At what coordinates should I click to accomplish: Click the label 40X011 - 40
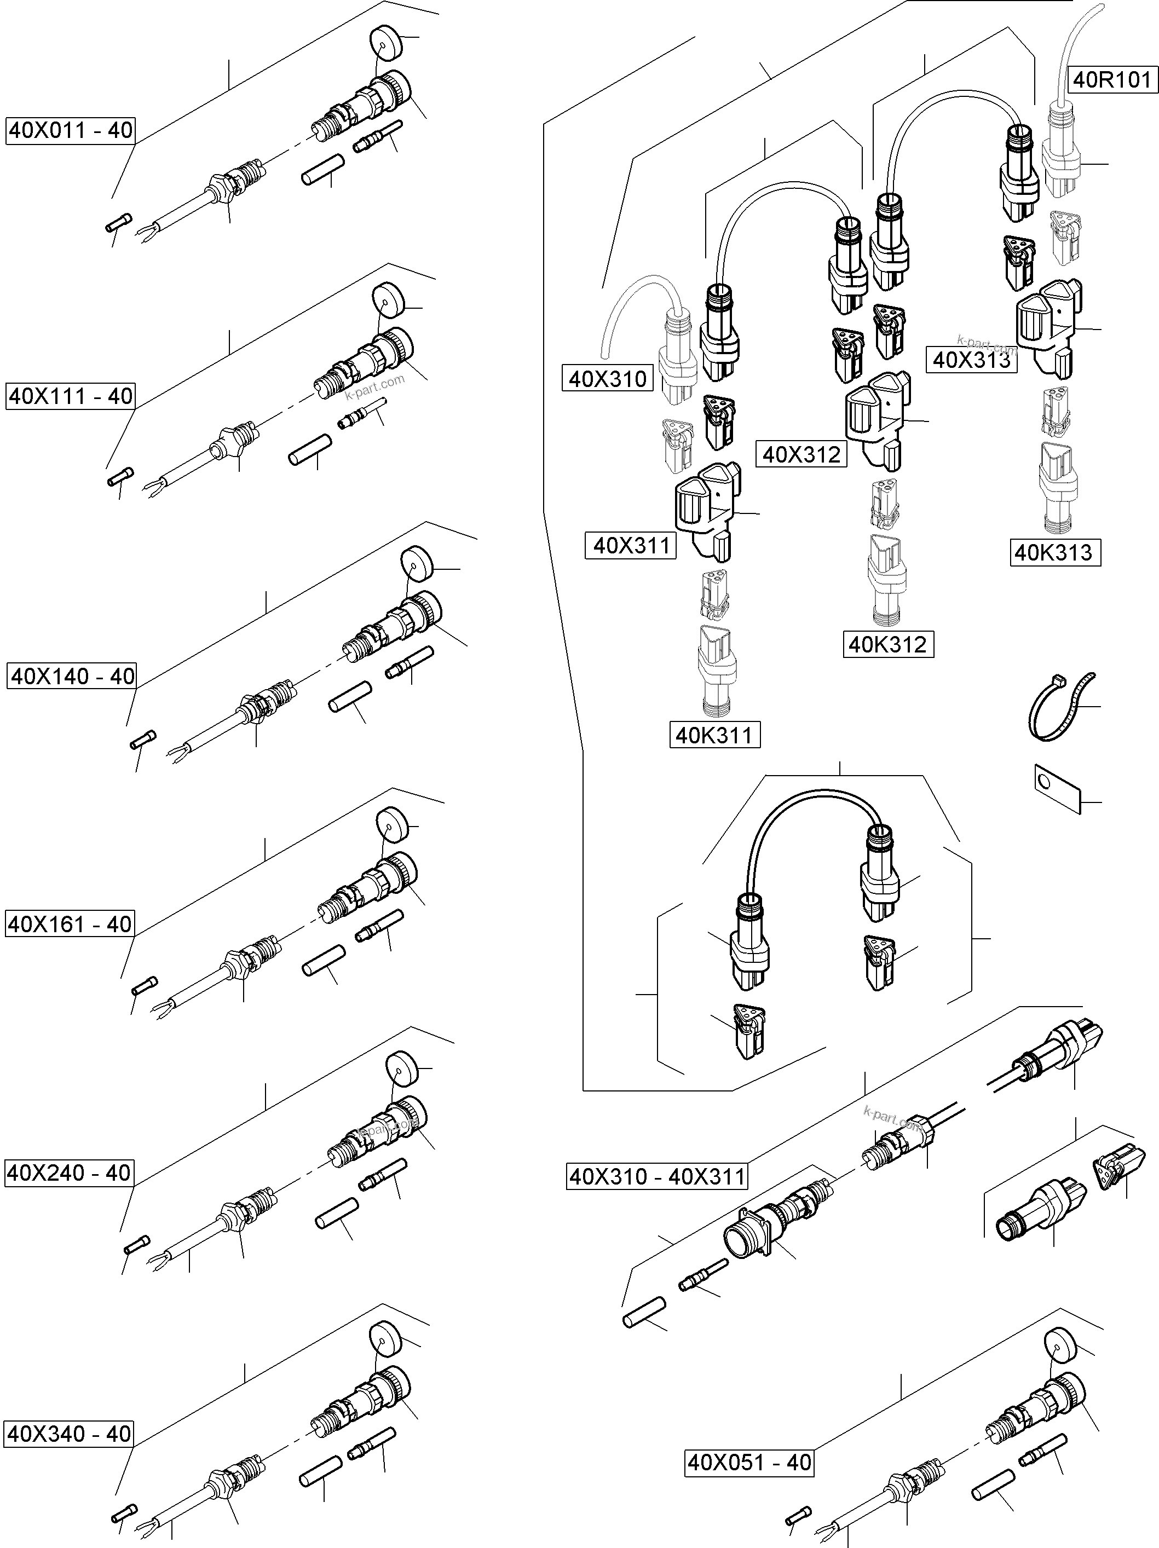pyautogui.click(x=70, y=131)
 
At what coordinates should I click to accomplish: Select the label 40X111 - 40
pyautogui.click(x=70, y=397)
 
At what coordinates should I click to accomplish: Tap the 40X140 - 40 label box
pyautogui.click(x=72, y=677)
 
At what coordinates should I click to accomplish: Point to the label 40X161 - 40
pyautogui.click(x=70, y=925)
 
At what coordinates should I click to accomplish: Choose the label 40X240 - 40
pyautogui.click(x=68, y=1173)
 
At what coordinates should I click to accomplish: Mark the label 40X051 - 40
pyautogui.click(x=749, y=1463)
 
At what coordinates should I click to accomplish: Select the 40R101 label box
pyautogui.click(x=1111, y=80)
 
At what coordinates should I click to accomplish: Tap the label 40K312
pyautogui.click(x=887, y=644)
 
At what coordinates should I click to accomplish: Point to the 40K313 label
pyautogui.click(x=1053, y=553)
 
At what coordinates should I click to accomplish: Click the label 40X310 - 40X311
pyautogui.click(x=657, y=1177)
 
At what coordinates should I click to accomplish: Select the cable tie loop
pyautogui.click(x=1058, y=707)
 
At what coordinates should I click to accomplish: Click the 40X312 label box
pyautogui.click(x=802, y=455)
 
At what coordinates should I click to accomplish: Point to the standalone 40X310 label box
pyautogui.click(x=608, y=379)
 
